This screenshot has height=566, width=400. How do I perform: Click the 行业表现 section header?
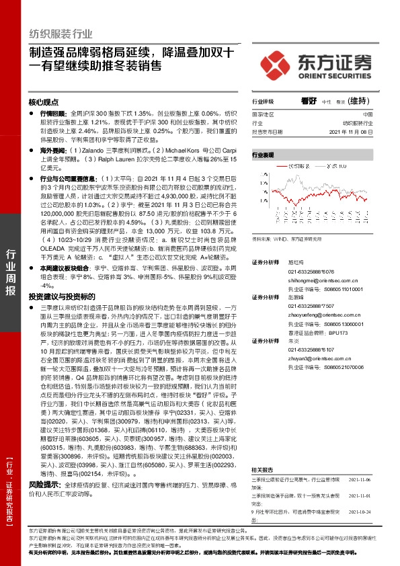point(264,155)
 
